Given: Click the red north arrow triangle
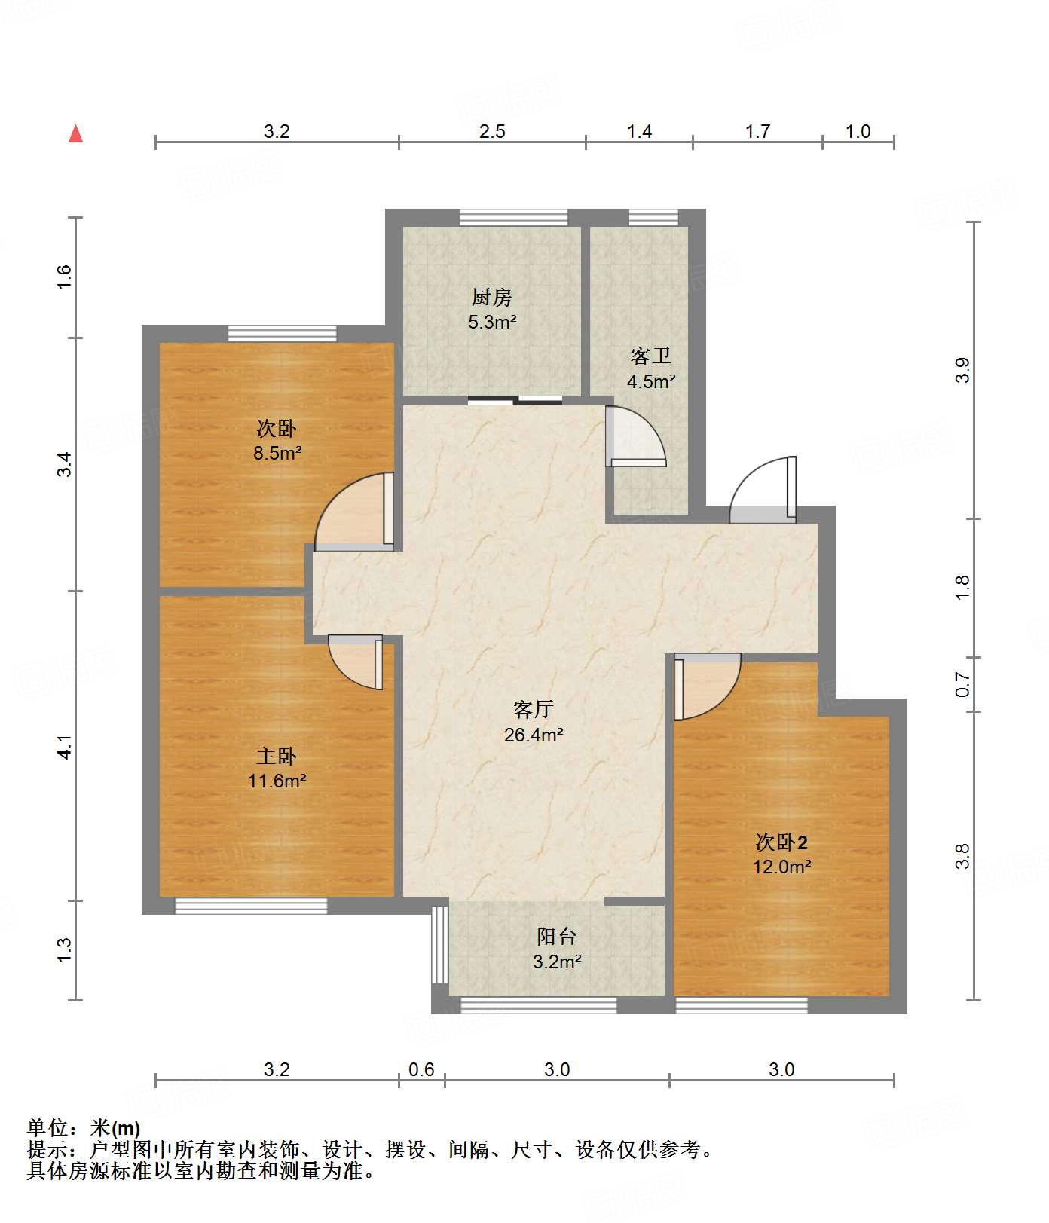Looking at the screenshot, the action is (x=75, y=133).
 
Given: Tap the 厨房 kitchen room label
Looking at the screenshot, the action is (x=492, y=297).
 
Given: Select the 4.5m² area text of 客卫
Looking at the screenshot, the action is (x=651, y=381).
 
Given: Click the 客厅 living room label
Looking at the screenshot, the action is (x=534, y=709).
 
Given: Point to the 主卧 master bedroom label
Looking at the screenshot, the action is (x=277, y=756).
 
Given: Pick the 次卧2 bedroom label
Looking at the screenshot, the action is (x=782, y=842).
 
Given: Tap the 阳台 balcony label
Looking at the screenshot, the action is (x=557, y=936).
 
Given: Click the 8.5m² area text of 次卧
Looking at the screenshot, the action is (x=277, y=454).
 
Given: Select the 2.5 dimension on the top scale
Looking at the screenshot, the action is (x=492, y=132).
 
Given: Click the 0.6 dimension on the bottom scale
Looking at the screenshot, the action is (x=421, y=1070).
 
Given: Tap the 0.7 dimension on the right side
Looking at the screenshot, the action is (x=962, y=684).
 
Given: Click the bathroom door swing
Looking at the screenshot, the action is (x=636, y=437).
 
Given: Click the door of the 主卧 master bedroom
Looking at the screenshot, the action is (x=356, y=662).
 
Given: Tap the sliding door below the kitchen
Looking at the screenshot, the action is (x=515, y=400).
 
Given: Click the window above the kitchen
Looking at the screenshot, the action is (x=514, y=217).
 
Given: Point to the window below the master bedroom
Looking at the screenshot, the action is (x=252, y=906).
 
